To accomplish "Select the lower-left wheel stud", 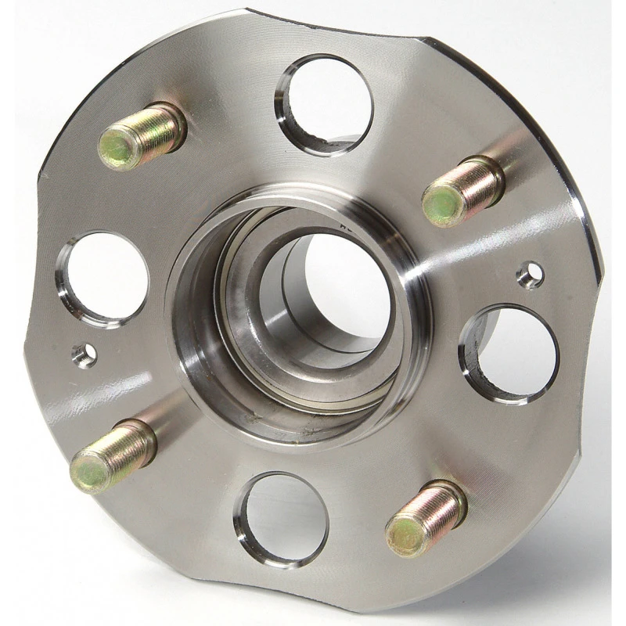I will point(113,455).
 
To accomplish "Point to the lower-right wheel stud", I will point(426,518).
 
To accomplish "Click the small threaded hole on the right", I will point(530,274).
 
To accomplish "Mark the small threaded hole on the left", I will point(84,355).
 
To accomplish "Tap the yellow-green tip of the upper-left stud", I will point(116,148).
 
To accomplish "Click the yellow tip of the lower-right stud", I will point(404,535).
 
